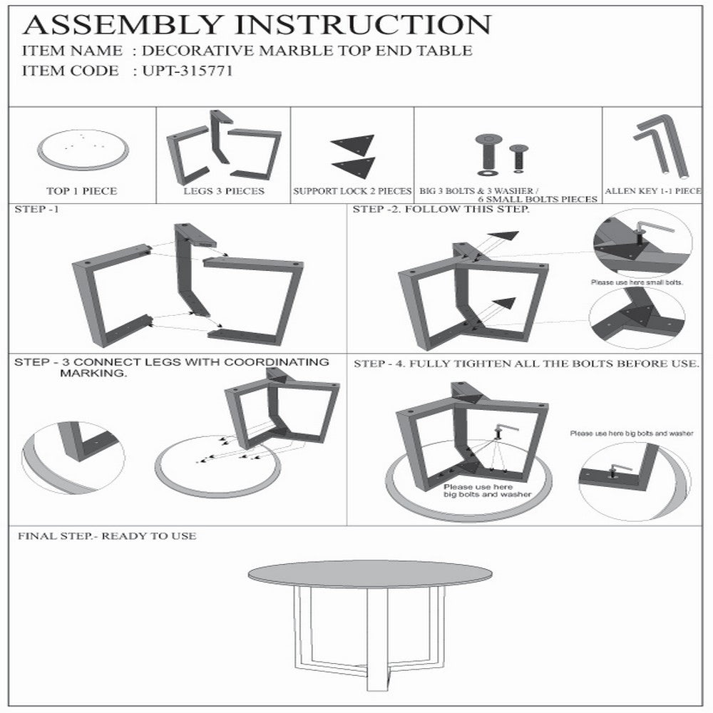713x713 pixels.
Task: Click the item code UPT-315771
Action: coord(188,71)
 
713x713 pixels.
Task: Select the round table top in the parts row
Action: coord(83,150)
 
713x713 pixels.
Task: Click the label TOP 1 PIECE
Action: coord(82,191)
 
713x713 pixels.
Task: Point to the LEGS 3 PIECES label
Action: coord(224,191)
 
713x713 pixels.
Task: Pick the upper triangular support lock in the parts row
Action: coord(354,144)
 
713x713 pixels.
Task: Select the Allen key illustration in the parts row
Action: coord(662,146)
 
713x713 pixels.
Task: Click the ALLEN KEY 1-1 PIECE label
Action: coord(653,191)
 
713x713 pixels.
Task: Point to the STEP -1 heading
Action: coord(37,209)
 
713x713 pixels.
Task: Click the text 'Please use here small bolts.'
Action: coord(637,282)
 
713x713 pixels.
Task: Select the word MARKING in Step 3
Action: coord(93,374)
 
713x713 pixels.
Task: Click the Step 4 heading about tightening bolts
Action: coord(526,364)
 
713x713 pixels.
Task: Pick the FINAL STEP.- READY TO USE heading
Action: coord(108,536)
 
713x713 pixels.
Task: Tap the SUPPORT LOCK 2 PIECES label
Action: coord(352,191)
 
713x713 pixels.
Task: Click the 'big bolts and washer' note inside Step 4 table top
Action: coord(488,494)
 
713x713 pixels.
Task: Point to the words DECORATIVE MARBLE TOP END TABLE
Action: coord(307,51)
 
